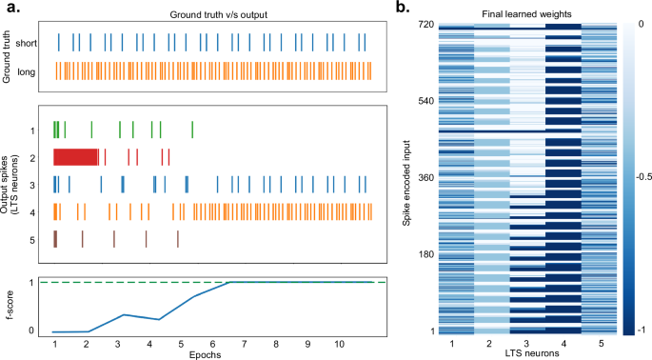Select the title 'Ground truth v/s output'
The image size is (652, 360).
(212, 10)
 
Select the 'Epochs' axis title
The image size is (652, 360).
(212, 354)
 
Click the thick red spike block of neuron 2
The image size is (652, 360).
(75, 157)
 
